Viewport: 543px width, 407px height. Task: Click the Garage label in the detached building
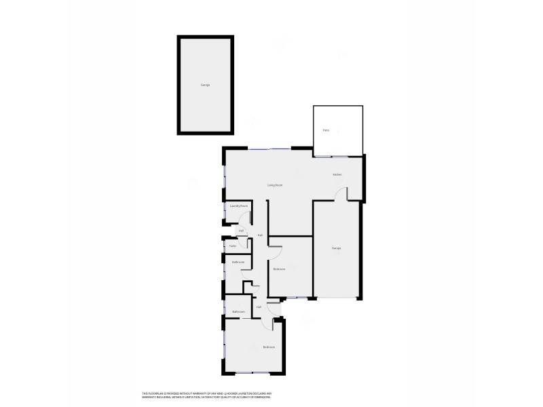[x=205, y=85]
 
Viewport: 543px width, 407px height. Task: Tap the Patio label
[x=326, y=130]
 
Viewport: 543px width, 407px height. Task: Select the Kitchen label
[x=337, y=175]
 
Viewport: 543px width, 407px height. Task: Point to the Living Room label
[x=274, y=185]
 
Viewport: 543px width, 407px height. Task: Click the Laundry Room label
[x=238, y=205]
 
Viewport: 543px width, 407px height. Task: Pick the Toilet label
[x=233, y=246]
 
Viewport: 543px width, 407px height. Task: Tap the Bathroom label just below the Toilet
[x=238, y=262]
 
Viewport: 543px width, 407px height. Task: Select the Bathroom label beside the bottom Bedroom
[x=238, y=311]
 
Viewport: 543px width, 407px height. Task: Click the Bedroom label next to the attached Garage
[x=279, y=269]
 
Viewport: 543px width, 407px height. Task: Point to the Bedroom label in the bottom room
[x=269, y=347]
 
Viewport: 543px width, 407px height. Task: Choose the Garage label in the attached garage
[x=336, y=248]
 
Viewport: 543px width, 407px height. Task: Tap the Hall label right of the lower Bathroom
[x=259, y=307]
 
